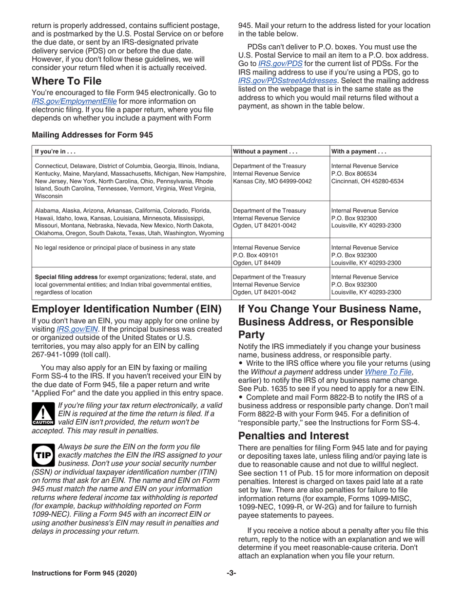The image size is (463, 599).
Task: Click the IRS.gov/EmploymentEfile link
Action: [74, 101]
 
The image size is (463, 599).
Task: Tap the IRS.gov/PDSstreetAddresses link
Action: [288, 80]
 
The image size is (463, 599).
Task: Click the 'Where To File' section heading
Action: [67, 80]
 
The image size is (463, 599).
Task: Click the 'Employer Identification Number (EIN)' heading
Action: [127, 309]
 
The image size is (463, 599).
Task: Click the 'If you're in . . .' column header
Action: [55, 151]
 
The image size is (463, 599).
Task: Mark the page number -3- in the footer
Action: [231, 573]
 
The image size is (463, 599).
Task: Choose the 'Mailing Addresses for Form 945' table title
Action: [92, 135]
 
